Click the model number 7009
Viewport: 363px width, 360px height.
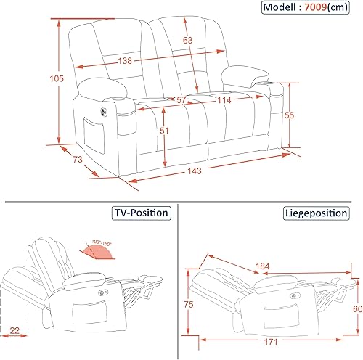click(316, 7)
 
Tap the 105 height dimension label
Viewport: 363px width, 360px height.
click(57, 78)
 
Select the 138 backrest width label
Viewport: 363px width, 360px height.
click(125, 60)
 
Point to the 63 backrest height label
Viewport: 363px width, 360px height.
click(187, 40)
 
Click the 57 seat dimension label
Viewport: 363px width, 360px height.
click(181, 99)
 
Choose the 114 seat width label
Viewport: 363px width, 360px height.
click(224, 100)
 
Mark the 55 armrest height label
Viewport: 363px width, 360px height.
click(289, 115)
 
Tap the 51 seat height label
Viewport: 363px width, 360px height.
click(164, 131)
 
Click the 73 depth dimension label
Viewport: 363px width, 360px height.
click(78, 159)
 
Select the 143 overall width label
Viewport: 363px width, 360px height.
click(195, 171)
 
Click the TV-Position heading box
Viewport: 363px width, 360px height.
click(142, 213)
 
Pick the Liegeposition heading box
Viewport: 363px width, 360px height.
click(317, 213)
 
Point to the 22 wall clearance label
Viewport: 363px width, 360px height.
click(15, 330)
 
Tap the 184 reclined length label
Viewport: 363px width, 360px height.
click(263, 266)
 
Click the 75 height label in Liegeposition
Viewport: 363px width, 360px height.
click(189, 304)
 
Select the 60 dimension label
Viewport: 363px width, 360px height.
click(358, 308)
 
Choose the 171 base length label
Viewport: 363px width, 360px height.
click(271, 342)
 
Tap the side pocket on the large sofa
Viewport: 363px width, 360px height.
click(94, 136)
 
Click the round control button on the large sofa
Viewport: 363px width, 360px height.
click(104, 112)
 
